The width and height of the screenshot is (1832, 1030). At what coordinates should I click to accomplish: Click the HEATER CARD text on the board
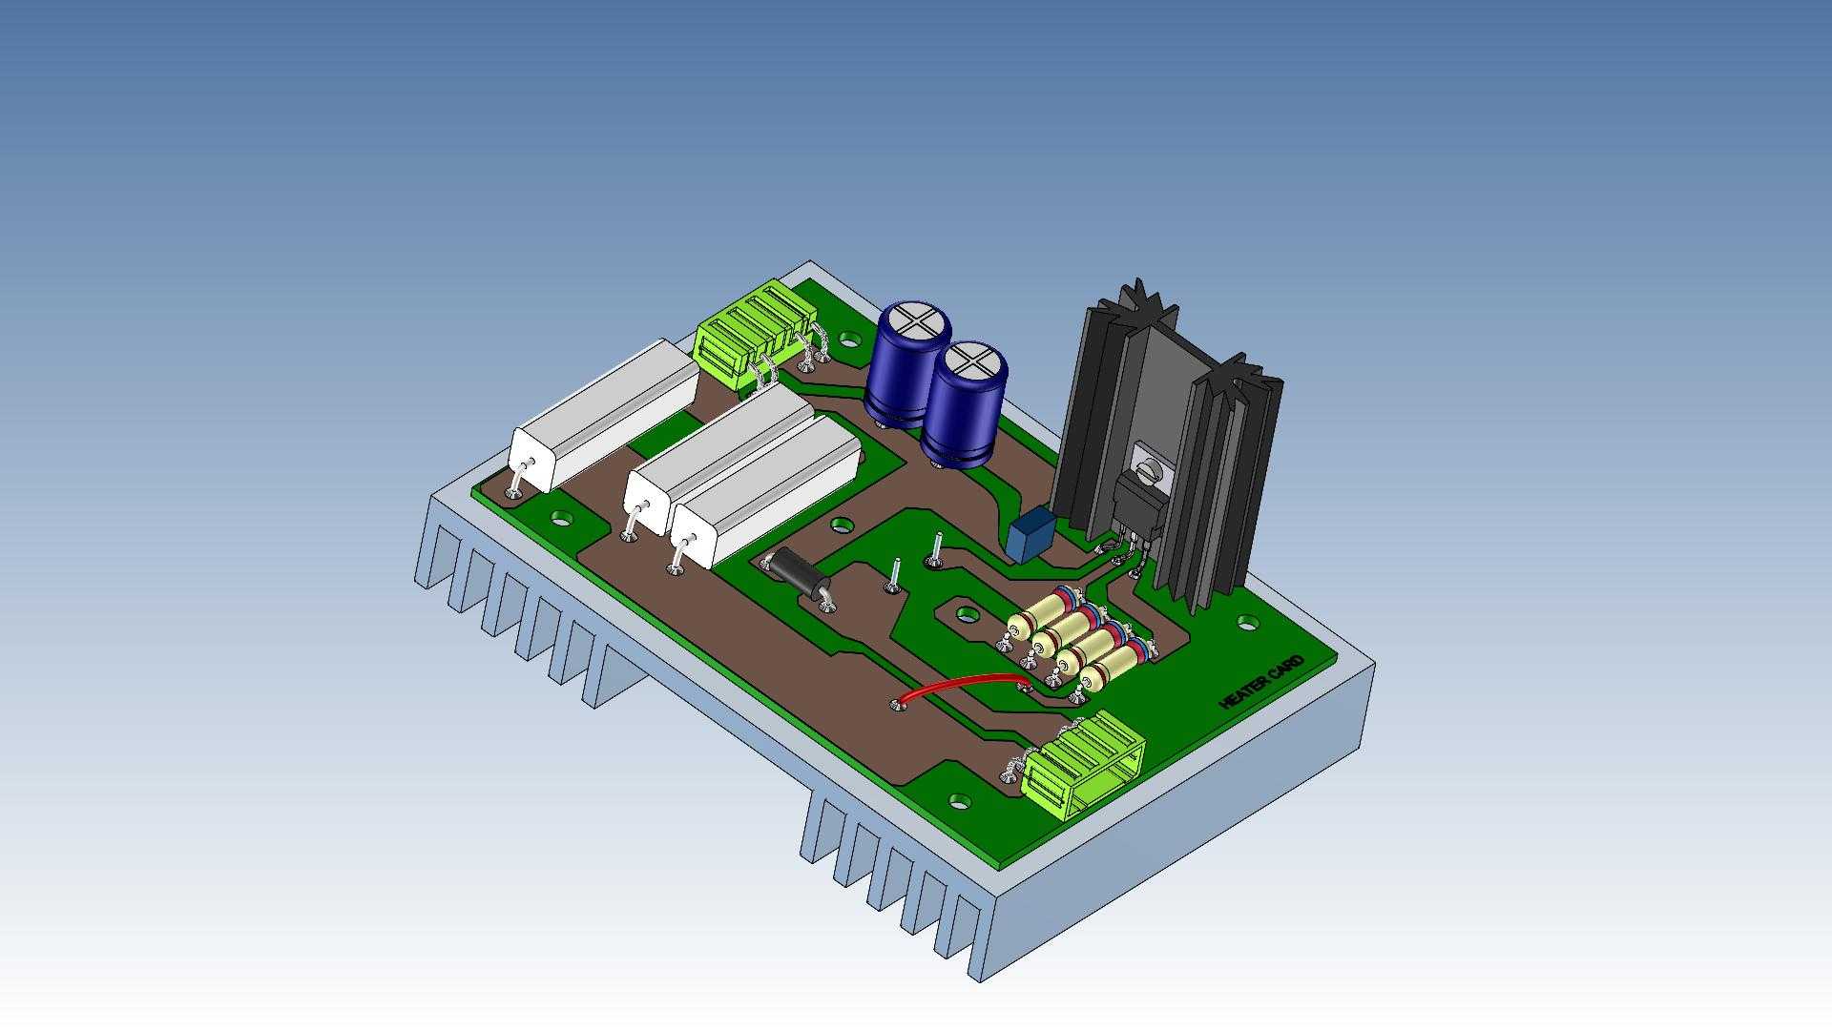pyautogui.click(x=1261, y=683)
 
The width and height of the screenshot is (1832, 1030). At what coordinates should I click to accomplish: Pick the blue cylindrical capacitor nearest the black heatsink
pyautogui.click(x=964, y=404)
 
